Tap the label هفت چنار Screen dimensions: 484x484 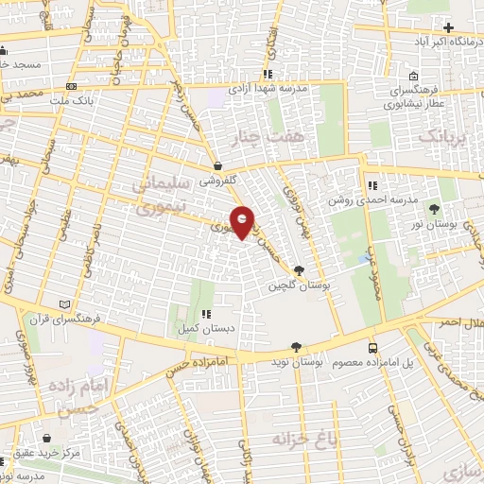click(275, 138)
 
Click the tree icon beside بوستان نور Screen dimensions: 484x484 click(434, 208)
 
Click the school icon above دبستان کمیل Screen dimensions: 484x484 click(206, 315)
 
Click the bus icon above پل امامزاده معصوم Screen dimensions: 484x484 click(373, 348)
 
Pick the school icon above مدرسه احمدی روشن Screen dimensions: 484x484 click(373, 185)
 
